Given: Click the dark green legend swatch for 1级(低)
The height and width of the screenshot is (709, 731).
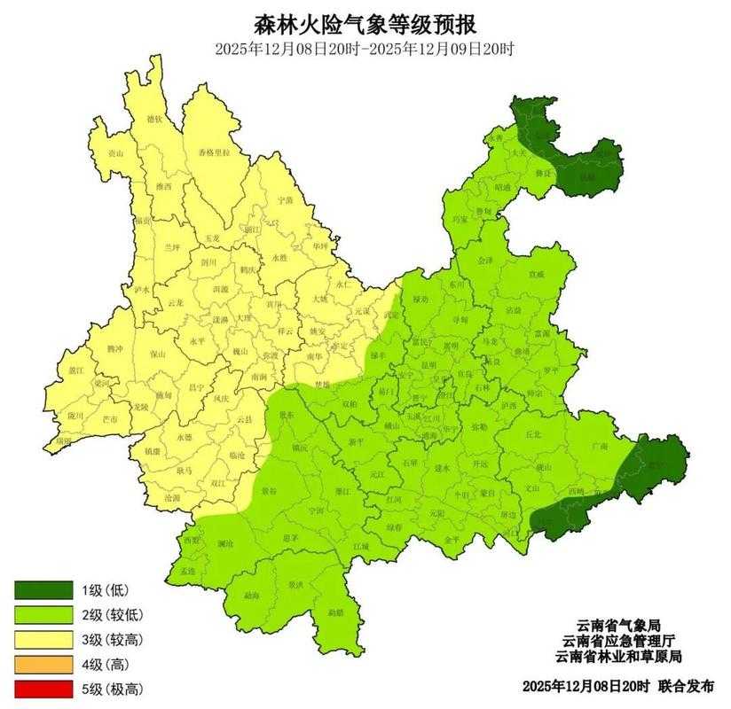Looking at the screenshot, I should [x=43, y=589].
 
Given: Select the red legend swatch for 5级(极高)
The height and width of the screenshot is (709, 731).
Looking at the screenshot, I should [x=43, y=689].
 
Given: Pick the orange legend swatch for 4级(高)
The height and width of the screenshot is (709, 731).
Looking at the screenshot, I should [x=43, y=664].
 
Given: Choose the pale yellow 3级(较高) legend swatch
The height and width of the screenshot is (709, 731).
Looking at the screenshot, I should [x=43, y=639].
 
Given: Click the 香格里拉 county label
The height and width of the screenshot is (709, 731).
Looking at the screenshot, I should [x=213, y=153].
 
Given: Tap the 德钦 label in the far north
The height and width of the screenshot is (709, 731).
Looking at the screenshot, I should [x=154, y=119].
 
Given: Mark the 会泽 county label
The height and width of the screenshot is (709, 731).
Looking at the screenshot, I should [x=484, y=262].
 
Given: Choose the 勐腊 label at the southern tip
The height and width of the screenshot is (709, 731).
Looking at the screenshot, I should [x=334, y=612].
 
